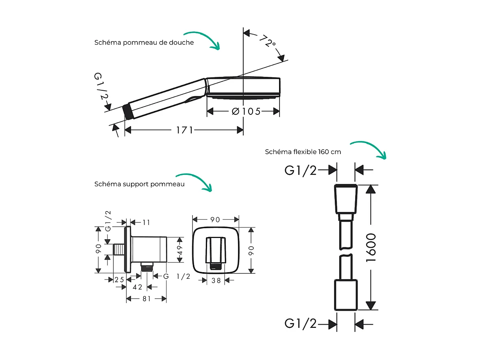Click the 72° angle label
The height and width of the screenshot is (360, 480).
pos(267,41)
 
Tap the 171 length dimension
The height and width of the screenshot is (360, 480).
pos(184,130)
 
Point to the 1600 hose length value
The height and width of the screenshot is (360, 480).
pos(371,248)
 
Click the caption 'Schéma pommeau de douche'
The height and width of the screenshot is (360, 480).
pos(144,42)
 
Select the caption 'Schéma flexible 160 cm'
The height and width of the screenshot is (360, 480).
pos(303,152)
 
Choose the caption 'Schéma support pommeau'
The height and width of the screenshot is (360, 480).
pos(139,184)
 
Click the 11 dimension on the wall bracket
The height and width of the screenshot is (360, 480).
pos(146,222)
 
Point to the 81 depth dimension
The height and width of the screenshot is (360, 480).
pos(146,299)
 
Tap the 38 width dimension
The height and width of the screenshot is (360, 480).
pos(216,280)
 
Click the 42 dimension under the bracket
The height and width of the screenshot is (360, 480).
pos(137,287)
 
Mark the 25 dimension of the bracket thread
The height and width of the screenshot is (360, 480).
pos(119,280)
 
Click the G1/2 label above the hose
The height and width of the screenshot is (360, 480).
pos(301,170)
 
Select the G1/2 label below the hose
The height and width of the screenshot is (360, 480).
pos(301,324)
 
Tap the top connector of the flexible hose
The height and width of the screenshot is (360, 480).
pos(346,199)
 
